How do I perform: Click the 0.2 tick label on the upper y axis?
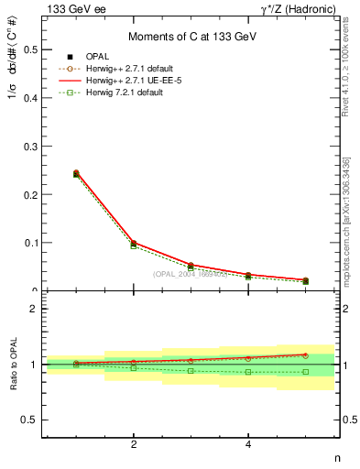(x=34, y=194)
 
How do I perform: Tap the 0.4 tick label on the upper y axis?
(x=34, y=98)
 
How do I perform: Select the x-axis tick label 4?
(x=248, y=445)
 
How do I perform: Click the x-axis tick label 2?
(x=134, y=445)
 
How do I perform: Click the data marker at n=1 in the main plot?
(x=76, y=173)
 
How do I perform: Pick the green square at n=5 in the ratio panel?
(x=306, y=372)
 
